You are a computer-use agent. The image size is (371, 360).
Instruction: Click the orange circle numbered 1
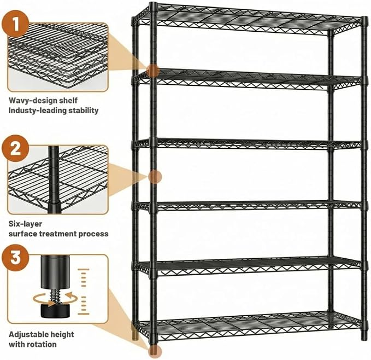pyautogui.click(x=15, y=24)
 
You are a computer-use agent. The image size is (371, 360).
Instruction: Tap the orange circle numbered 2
pyautogui.click(x=15, y=148)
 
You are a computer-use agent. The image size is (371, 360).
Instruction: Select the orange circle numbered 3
pyautogui.click(x=15, y=258)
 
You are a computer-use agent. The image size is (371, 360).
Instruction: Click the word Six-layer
pyautogui.click(x=25, y=224)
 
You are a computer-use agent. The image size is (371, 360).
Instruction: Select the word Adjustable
pyautogui.click(x=28, y=335)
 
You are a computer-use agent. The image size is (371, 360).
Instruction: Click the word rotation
pyautogui.click(x=43, y=344)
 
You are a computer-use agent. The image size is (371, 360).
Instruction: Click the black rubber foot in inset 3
pyautogui.click(x=56, y=311)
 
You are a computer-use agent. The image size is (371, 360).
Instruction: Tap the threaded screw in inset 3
pyautogui.click(x=56, y=296)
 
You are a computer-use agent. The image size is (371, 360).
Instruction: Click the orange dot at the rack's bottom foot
pyautogui.click(x=155, y=351)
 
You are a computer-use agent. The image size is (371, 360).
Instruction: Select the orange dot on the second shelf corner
pyautogui.click(x=153, y=71)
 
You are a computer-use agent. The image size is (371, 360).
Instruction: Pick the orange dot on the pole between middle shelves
pyautogui.click(x=155, y=177)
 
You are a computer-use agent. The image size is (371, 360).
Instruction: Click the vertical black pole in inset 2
pyautogui.click(x=54, y=179)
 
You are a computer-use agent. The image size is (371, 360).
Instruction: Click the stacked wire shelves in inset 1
pyautogui.click(x=58, y=57)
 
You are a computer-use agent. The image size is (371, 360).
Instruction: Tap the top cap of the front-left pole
pyautogui.click(x=154, y=7)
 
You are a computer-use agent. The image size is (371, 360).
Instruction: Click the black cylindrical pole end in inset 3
pyautogui.click(x=56, y=272)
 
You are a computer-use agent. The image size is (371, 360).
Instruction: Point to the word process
pyautogui.click(x=93, y=234)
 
